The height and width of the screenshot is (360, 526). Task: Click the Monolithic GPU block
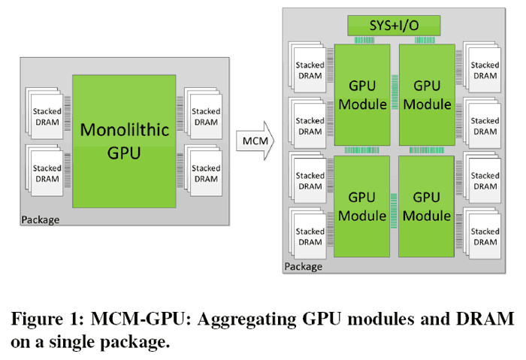coord(124,141)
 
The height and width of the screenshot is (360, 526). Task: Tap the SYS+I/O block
coord(395,25)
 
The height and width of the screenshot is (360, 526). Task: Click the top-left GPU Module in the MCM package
coord(362,95)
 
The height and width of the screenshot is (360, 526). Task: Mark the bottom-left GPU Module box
coord(362,204)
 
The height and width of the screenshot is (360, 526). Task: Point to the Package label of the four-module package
coord(304,266)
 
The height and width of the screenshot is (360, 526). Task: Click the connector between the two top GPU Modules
coord(394,103)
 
